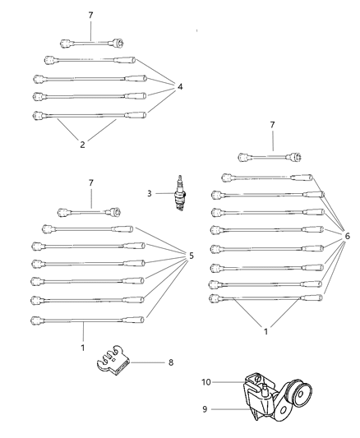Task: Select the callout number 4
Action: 180,86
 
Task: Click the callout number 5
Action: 191,256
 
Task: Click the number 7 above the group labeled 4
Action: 90,16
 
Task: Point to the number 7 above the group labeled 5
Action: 90,182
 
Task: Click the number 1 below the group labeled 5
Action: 83,348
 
